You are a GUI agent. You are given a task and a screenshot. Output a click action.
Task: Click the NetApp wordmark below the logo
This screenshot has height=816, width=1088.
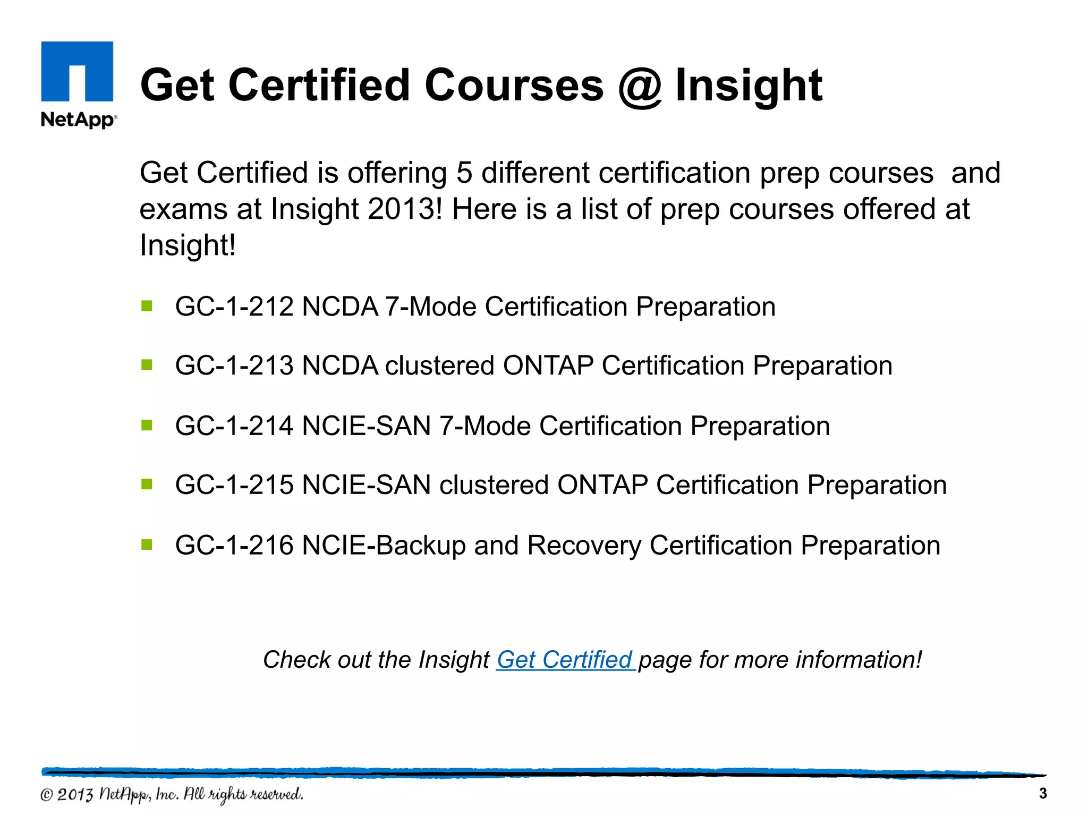78,120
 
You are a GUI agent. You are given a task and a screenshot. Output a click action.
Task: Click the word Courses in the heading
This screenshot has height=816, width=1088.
514,86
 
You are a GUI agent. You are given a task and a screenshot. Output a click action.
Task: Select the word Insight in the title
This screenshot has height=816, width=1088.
749,86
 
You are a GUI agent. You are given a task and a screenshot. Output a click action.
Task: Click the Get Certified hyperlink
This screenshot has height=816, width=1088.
565,660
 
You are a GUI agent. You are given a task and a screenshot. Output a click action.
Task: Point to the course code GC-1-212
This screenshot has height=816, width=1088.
234,307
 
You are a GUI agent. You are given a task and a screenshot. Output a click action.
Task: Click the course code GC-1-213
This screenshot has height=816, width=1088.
234,366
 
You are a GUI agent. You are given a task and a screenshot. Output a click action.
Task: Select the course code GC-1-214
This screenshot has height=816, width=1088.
234,426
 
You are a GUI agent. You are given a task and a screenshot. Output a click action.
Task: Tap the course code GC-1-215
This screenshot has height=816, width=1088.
234,485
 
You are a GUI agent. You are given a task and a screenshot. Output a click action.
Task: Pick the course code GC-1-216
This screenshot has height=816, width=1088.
234,546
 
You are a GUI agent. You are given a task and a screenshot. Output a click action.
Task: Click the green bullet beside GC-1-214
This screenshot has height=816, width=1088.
147,425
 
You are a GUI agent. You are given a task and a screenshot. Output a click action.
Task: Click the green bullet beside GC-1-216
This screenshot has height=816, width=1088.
147,545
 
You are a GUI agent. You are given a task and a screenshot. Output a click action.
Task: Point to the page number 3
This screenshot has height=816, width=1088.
1042,794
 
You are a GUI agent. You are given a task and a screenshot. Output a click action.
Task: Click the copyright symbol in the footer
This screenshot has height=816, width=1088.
47,795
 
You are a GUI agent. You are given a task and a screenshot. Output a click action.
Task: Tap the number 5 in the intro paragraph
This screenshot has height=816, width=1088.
464,173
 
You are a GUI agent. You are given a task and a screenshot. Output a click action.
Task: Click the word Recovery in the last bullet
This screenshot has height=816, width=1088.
584,546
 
